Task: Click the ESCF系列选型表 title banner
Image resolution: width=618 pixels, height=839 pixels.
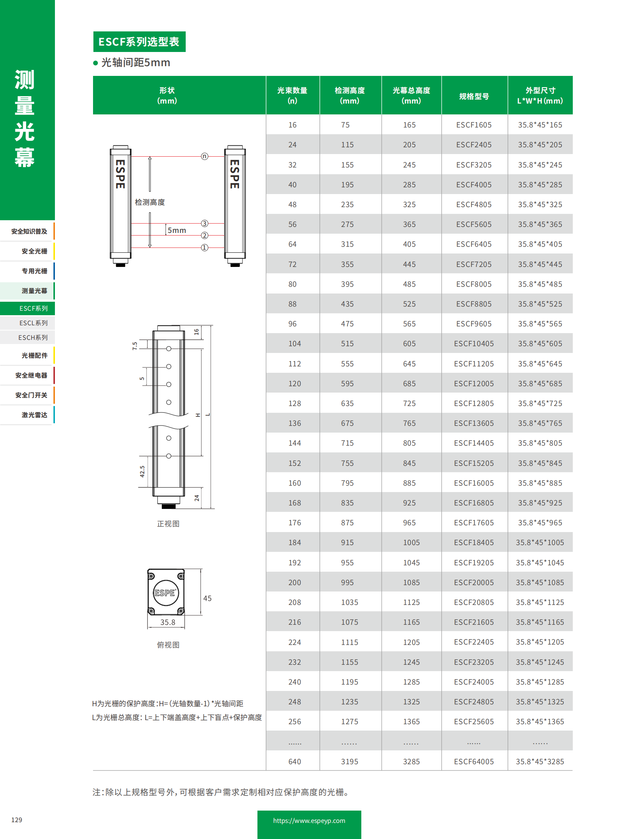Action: tap(139, 42)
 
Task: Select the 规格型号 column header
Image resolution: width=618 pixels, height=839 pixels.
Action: tap(474, 96)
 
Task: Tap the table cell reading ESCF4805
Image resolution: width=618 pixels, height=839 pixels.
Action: tap(474, 205)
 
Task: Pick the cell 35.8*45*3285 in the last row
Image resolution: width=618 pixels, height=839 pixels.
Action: tap(540, 761)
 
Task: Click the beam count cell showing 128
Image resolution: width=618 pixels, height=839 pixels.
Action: tap(294, 403)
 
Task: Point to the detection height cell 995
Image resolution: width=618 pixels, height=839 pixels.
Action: tap(347, 582)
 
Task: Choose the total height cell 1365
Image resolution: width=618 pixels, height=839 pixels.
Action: tap(411, 721)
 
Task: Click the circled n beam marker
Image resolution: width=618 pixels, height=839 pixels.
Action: tap(204, 156)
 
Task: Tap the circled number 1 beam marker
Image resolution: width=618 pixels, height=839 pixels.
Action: tap(204, 248)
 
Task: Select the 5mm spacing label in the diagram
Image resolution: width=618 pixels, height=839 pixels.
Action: tap(177, 230)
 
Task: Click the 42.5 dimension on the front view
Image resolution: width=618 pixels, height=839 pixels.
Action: tap(142, 471)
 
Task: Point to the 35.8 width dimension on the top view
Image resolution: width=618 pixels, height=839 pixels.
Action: tap(168, 622)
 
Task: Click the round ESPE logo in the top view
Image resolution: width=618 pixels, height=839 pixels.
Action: tap(166, 593)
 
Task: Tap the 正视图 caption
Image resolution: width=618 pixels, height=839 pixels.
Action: tap(168, 524)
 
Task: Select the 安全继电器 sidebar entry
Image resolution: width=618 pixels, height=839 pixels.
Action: tap(31, 375)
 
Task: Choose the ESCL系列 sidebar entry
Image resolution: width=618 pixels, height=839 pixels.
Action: tap(33, 323)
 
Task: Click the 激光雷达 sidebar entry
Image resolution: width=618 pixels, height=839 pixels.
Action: tap(34, 415)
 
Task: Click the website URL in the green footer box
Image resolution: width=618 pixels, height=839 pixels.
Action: tap(309, 821)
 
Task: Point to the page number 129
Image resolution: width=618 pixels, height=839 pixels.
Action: tap(17, 820)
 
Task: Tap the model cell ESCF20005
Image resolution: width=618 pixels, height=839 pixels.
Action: tap(474, 582)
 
